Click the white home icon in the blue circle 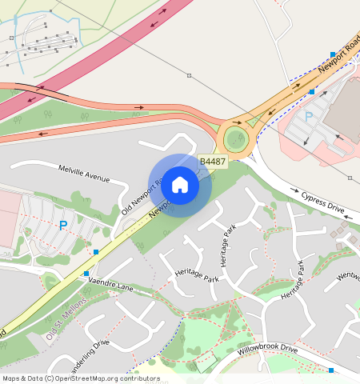(180, 185)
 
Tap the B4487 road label (213, 162)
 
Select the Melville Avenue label (84, 173)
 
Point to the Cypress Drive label (322, 202)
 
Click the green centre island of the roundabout (236, 139)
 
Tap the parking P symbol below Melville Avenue (63, 226)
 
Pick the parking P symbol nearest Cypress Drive (309, 118)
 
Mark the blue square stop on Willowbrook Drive (331, 370)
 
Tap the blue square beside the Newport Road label (333, 54)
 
